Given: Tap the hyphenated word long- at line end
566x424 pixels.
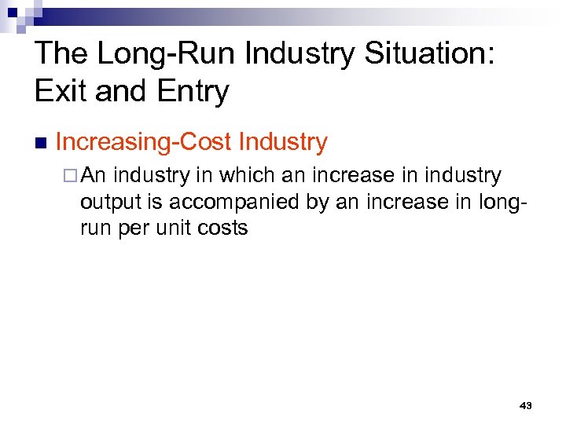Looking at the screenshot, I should [x=501, y=202].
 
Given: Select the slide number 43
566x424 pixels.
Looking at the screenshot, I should [x=526, y=405].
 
